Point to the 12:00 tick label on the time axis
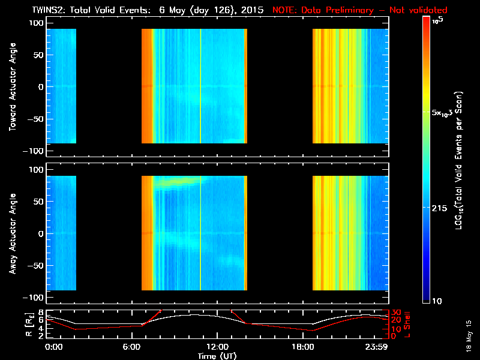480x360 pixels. (x=216, y=347)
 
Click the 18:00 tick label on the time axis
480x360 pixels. (x=302, y=347)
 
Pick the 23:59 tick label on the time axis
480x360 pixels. (x=376, y=347)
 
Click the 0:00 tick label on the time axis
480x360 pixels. (x=53, y=347)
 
